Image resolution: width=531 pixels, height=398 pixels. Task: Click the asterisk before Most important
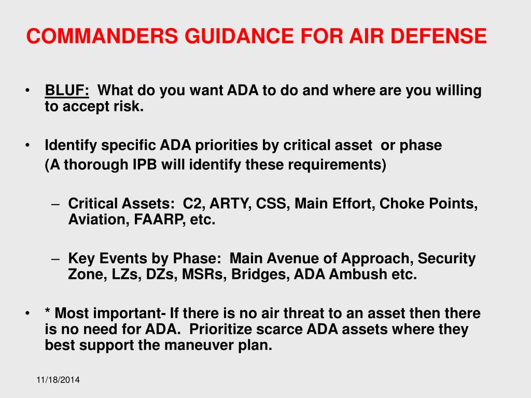(x=48, y=313)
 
